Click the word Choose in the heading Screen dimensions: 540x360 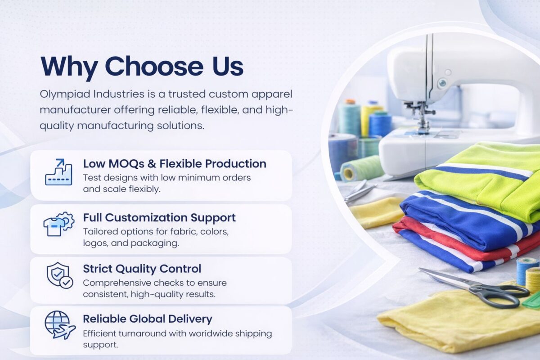click(154, 66)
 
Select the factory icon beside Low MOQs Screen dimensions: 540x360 click(58, 172)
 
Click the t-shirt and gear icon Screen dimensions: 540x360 click(59, 224)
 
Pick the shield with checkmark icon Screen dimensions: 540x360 click(60, 275)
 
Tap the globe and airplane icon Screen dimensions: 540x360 click(60, 325)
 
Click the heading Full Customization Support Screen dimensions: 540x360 click(159, 218)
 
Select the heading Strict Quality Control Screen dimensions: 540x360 click(142, 269)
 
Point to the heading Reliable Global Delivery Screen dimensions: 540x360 click(148, 319)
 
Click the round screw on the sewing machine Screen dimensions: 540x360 click(442, 83)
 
